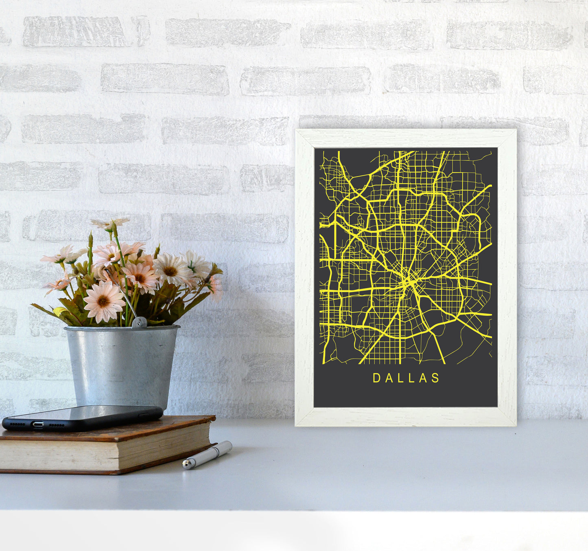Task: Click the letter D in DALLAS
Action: [x=376, y=378]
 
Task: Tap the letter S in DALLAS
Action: [x=436, y=378]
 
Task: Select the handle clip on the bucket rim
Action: [x=139, y=322]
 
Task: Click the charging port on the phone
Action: [x=38, y=425]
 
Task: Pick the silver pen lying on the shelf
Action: [x=208, y=455]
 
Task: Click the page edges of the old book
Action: [x=102, y=456]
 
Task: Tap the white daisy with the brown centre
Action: [x=170, y=270]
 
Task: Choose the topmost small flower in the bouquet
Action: [x=110, y=223]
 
